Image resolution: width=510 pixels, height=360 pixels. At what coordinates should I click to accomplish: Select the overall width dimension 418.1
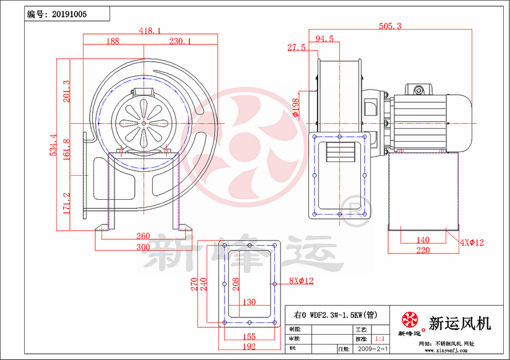coord(150,30)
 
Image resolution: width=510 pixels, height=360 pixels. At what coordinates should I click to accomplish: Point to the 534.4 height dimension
coord(53,145)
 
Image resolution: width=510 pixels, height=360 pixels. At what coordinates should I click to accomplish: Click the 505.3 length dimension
coord(391,26)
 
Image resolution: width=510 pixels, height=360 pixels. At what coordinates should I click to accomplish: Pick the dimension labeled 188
coord(113,41)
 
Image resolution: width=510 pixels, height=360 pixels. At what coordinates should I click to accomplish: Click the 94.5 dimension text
coord(324,39)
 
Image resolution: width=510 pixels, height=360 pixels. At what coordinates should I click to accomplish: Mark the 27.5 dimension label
coord(296,47)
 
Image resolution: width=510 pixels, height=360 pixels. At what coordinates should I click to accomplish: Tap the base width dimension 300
coord(143,247)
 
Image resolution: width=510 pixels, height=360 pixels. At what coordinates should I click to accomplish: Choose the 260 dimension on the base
coord(143,236)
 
